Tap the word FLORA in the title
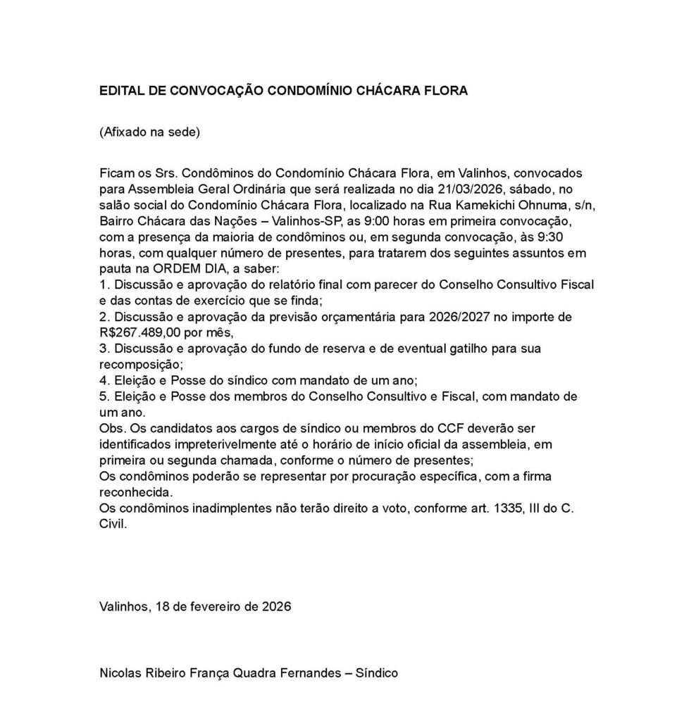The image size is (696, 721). pyautogui.click(x=447, y=91)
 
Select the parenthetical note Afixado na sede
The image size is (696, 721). pyautogui.click(x=150, y=132)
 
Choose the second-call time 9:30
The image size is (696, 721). pyautogui.click(x=561, y=237)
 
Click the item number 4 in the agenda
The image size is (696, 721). pyautogui.click(x=104, y=381)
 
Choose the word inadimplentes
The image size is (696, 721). pyautogui.click(x=227, y=509)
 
